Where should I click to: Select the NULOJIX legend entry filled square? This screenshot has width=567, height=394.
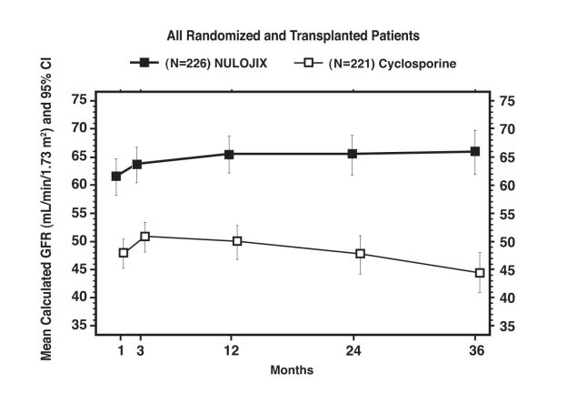coord(143,64)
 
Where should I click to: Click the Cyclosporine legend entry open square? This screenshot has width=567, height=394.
coord(308,64)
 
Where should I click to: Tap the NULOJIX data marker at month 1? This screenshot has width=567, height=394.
coord(116,176)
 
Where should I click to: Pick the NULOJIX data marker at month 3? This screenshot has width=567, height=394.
coord(137,164)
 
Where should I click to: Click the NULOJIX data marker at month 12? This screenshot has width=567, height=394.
coord(232,154)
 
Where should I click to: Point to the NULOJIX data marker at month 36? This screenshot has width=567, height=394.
coord(475,151)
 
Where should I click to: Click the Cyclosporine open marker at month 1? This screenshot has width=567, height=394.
coord(124,252)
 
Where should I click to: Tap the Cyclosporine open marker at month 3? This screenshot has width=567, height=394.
coord(144,237)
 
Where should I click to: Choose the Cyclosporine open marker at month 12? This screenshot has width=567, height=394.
coord(237,241)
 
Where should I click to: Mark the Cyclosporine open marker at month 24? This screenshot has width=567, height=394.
coord(360,253)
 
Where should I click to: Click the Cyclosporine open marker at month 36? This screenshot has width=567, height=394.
coord(480,272)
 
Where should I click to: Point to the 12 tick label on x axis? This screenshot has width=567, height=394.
coord(232,349)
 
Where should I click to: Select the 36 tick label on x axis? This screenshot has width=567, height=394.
coord(476,349)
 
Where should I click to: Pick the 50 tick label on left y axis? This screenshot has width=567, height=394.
coord(80,241)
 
